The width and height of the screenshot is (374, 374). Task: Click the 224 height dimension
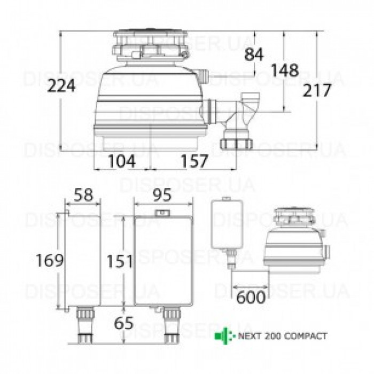pyautogui.click(x=60, y=86)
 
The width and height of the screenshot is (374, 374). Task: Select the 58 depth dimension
pyautogui.click(x=83, y=196)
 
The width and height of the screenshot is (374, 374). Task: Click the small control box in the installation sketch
pyautogui.click(x=227, y=224)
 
